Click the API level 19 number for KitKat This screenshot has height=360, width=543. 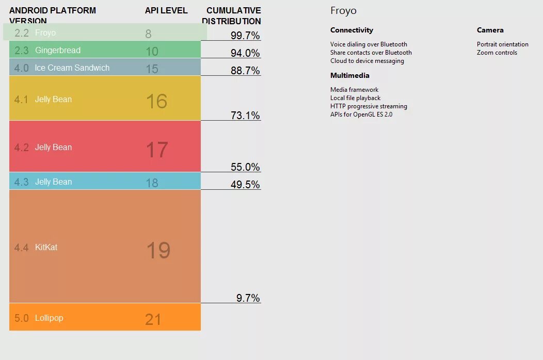click(x=158, y=250)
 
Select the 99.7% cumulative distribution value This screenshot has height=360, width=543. click(x=245, y=35)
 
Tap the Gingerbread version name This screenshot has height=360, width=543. click(x=58, y=50)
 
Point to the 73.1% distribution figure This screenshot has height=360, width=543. click(x=245, y=116)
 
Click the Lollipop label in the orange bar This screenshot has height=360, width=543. click(x=49, y=318)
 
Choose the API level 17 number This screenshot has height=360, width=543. click(x=157, y=150)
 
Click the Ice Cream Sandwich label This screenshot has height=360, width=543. click(x=72, y=68)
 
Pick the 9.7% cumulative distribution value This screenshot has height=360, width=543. click(x=248, y=298)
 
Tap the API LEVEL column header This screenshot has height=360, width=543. click(x=166, y=10)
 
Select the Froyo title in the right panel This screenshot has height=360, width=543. click(x=343, y=11)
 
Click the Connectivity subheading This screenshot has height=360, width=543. click(x=352, y=30)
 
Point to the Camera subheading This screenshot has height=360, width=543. click(x=490, y=30)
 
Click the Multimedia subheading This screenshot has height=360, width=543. click(x=350, y=75)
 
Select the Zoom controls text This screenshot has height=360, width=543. click(x=497, y=53)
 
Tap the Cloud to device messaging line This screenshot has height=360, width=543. click(x=367, y=61)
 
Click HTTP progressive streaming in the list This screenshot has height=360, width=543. click(x=369, y=106)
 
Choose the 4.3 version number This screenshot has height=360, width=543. click(x=22, y=182)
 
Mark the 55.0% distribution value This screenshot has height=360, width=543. click(x=245, y=167)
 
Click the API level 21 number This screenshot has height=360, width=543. click(x=153, y=319)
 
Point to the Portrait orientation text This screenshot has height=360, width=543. click(x=502, y=44)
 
